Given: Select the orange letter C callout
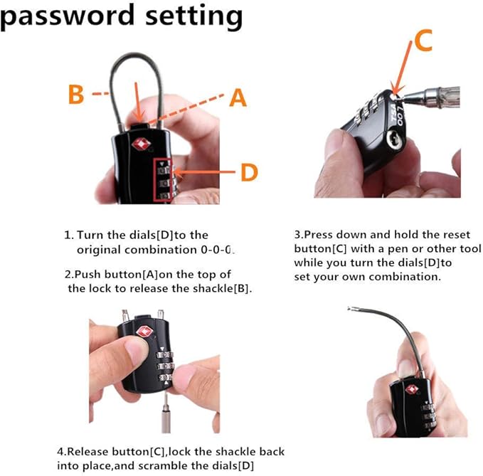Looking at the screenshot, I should pos(423,41).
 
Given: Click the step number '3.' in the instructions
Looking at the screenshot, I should pos(299,235).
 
